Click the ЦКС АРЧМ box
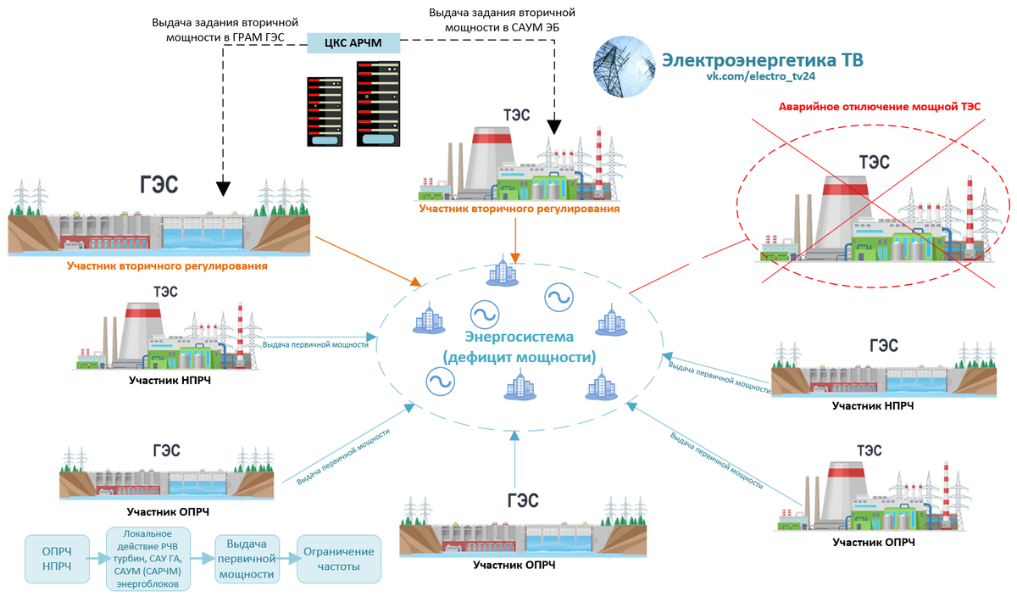353,42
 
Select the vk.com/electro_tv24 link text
761,76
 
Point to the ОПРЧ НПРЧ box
57,558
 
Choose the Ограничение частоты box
335,558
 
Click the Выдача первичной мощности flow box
247,558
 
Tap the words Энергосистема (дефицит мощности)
519,347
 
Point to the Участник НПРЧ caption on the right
872,406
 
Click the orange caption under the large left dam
167,266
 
